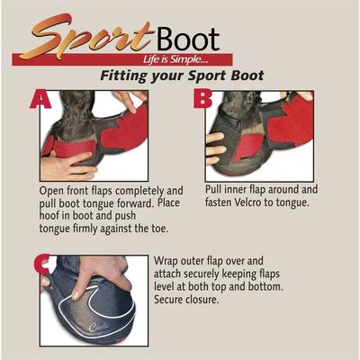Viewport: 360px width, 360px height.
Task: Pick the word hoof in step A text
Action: pyautogui.click(x=56, y=215)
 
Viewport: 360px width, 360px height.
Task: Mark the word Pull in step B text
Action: pyautogui.click(x=216, y=190)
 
